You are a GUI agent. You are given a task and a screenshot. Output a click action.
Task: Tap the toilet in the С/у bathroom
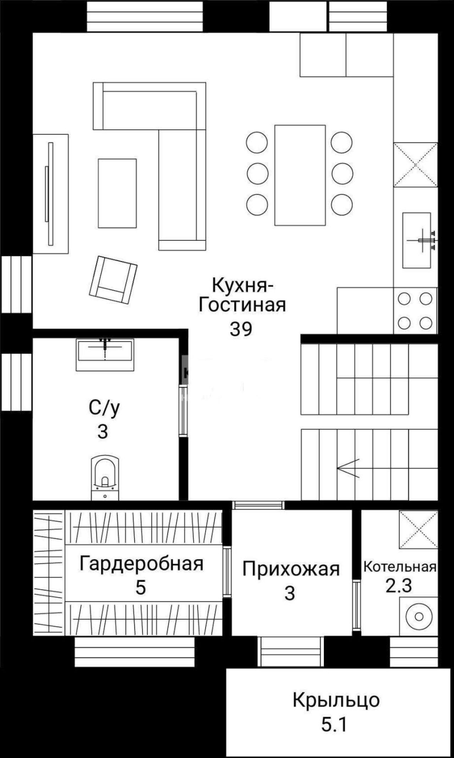click(105, 477)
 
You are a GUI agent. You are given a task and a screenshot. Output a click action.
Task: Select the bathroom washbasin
click(105, 354)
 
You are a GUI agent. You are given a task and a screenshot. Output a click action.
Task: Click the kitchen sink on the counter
click(417, 240)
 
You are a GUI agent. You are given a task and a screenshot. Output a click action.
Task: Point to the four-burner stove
click(415, 310)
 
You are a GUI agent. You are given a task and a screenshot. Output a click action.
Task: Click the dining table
click(300, 175)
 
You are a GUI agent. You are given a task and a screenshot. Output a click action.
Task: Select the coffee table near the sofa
click(117, 193)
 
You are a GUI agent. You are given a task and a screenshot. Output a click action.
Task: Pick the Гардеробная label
click(142, 563)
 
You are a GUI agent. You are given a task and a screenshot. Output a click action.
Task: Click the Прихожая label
click(291, 569)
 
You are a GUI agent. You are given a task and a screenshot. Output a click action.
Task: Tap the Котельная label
click(400, 567)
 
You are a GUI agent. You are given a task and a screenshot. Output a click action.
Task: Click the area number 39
click(241, 329)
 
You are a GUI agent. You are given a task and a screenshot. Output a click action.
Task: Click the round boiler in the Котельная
click(419, 616)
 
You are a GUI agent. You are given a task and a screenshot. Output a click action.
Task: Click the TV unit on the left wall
click(50, 194)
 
